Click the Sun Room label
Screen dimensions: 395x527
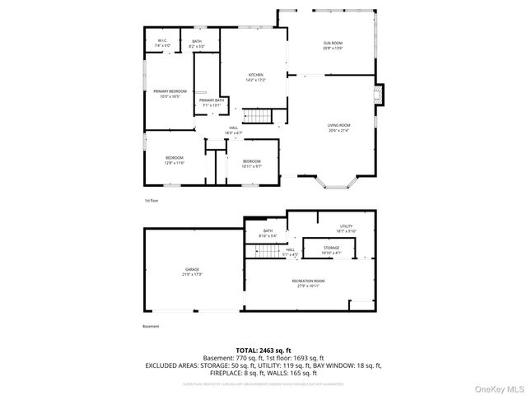[x=333, y=45]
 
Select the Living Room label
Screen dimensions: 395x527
[x=339, y=128]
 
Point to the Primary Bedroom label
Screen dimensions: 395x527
[x=170, y=93]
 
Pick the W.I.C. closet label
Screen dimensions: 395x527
[x=163, y=42]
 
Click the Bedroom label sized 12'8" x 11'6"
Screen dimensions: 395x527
[x=174, y=160]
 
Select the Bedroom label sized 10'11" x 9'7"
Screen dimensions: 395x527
[x=251, y=163]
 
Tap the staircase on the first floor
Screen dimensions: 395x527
[x=259, y=116]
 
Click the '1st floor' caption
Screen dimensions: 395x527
[x=151, y=200]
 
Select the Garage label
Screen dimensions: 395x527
[x=192, y=272]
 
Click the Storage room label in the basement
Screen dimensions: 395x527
[x=331, y=249]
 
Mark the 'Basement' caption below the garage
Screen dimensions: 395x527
[x=152, y=326]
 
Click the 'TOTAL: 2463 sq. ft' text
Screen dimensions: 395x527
[x=263, y=351]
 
